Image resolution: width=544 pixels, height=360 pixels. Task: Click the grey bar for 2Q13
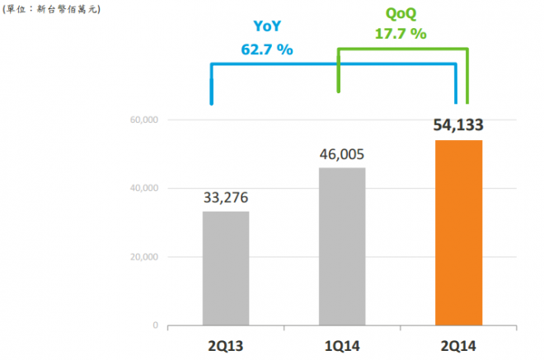coord(225,269)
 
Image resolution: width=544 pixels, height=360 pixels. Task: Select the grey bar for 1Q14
coord(341,246)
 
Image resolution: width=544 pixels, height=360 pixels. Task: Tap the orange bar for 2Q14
coord(458,233)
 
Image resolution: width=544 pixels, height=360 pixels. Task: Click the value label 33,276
coord(225,198)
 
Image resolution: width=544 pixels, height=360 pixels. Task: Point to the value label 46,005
coord(341,154)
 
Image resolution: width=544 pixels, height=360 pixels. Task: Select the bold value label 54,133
coord(457,126)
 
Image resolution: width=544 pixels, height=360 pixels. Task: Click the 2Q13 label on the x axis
coord(225,343)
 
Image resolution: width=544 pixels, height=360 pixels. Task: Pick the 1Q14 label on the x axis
coord(341,343)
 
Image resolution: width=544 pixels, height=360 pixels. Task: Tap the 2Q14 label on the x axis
coord(458,343)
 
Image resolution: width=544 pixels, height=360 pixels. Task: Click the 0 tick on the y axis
coord(156,325)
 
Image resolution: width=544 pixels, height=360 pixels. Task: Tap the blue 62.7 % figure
coord(266,49)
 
